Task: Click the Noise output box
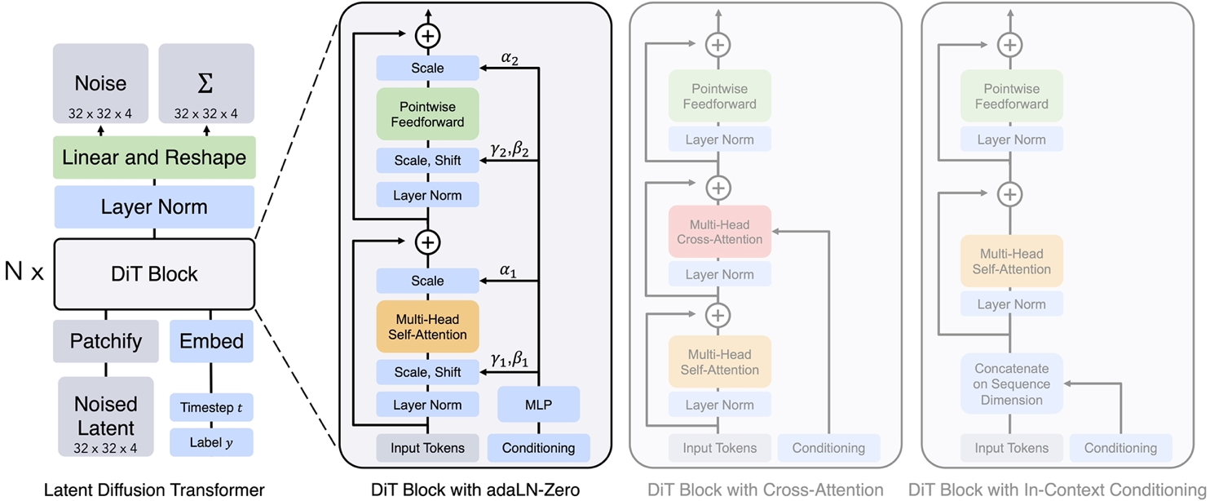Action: pyautogui.click(x=101, y=90)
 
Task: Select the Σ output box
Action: pyautogui.click(x=206, y=90)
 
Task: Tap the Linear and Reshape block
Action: pyautogui.click(x=154, y=157)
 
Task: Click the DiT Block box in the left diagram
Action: pyautogui.click(x=154, y=273)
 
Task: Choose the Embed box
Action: pyautogui.click(x=211, y=341)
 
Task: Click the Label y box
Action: pyautogui.click(x=211, y=443)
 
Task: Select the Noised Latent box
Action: pyautogui.click(x=106, y=415)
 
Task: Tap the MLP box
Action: pyautogui.click(x=538, y=405)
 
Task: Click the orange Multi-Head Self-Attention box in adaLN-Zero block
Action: pyautogui.click(x=427, y=326)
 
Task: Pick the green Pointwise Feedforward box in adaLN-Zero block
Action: pyautogui.click(x=427, y=114)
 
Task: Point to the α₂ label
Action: pyautogui.click(x=510, y=59)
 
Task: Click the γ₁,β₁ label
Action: pyautogui.click(x=510, y=359)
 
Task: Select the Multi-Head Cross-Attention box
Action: pyautogui.click(x=719, y=232)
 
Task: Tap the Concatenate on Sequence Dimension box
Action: pyautogui.click(x=1011, y=384)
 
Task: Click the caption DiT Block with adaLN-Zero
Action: pyautogui.click(x=475, y=490)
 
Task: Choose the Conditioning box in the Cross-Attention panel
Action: pyautogui.click(x=828, y=447)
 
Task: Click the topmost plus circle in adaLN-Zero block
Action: pyautogui.click(x=427, y=35)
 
